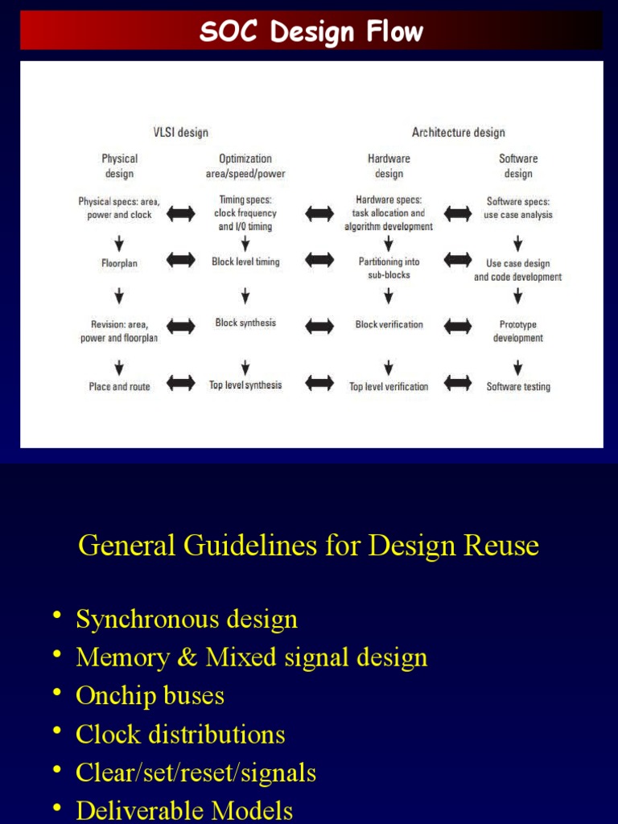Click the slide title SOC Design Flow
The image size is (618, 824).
(311, 32)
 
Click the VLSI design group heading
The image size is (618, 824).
(181, 133)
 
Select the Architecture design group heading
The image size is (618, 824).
(459, 133)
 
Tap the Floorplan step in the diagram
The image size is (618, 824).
(119, 263)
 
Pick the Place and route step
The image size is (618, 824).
(119, 387)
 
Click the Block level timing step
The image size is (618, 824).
(245, 262)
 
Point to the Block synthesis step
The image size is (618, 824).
(245, 323)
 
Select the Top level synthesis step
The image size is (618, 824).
(245, 385)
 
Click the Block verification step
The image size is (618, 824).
(389, 324)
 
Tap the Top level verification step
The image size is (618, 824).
(389, 387)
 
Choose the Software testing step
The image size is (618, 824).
(518, 387)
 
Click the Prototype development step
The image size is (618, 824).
(518, 332)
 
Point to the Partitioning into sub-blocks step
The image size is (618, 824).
(389, 268)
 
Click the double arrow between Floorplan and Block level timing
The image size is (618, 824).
(181, 260)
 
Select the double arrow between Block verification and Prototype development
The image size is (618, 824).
(458, 326)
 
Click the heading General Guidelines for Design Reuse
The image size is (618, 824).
(308, 546)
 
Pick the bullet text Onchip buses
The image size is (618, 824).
(150, 696)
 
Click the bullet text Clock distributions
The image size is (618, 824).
(180, 735)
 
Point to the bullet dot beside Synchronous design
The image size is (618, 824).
(57, 616)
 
